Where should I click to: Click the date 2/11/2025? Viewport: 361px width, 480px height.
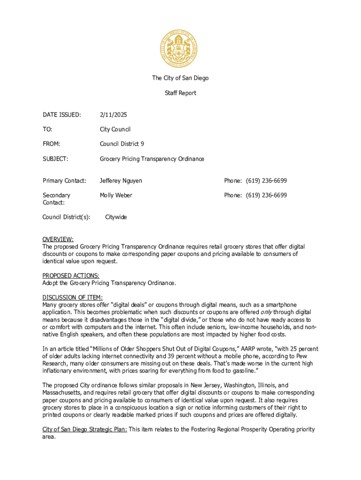(x=113, y=115)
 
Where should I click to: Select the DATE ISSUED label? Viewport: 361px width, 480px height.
(x=61, y=115)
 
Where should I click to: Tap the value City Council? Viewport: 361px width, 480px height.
(x=115, y=129)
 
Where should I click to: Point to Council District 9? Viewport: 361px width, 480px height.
(x=122, y=144)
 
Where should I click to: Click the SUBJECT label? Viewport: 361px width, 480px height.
(x=55, y=159)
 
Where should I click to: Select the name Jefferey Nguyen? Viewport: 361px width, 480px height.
(x=120, y=180)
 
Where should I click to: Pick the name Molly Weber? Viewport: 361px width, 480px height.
(x=116, y=195)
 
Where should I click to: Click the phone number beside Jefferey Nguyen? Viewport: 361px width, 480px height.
(x=266, y=180)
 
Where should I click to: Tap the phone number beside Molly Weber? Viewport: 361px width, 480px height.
(x=266, y=195)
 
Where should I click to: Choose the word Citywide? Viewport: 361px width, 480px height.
(x=116, y=217)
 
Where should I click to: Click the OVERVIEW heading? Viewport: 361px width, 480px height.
(x=58, y=239)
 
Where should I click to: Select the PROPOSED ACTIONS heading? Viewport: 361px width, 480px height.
(x=71, y=276)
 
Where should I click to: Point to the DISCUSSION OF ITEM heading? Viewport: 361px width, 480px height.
(x=72, y=298)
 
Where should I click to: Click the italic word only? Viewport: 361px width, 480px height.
(x=266, y=312)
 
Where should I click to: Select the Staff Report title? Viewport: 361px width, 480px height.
(x=180, y=93)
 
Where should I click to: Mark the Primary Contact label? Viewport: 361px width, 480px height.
(x=64, y=180)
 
